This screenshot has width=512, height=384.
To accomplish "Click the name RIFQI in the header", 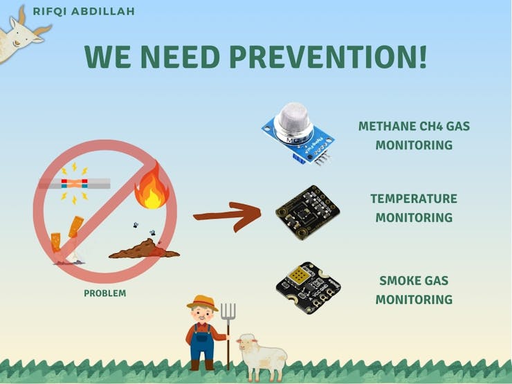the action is point(50,12).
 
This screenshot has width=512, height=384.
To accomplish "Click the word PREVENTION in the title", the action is point(328,57).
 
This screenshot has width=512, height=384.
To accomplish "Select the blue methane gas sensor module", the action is point(298,134).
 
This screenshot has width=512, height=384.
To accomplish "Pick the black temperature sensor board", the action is point(307,212).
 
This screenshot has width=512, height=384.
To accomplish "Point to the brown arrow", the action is point(227,216).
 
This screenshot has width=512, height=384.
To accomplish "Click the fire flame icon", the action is point(152,186).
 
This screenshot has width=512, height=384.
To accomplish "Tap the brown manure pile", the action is point(144,249).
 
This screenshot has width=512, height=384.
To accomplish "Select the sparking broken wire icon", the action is point(75,183).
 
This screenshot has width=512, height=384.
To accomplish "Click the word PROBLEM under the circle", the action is point(104,293).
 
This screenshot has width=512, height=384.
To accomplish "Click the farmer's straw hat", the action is point(203,302).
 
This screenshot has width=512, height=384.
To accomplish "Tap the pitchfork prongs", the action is point(228,311).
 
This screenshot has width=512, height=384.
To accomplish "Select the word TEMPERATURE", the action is point(414,199).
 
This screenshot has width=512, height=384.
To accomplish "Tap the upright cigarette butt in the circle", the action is point(56,242).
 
